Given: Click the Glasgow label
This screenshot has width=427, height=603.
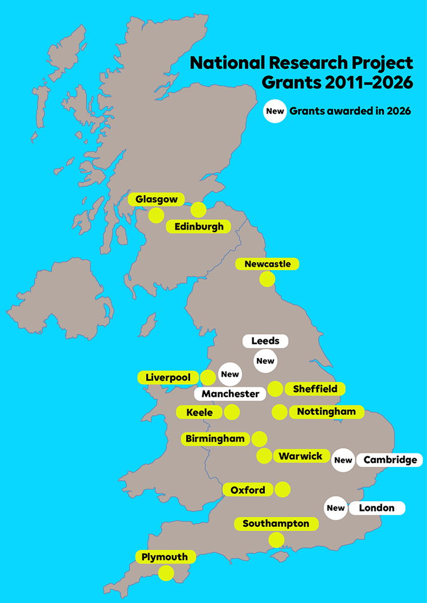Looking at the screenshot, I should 156,199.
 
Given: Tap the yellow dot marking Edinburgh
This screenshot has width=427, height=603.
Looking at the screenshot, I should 198,210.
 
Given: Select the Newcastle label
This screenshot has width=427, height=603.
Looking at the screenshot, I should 267,264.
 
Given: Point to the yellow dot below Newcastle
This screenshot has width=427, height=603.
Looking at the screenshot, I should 267,279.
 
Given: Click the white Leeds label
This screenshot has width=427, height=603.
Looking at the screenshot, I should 265,341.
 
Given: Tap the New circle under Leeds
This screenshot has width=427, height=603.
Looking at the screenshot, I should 265,361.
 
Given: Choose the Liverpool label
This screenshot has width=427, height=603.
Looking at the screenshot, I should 168,377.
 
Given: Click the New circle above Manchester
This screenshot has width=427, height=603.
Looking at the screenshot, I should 230,375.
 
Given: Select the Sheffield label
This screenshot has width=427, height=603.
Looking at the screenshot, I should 315,389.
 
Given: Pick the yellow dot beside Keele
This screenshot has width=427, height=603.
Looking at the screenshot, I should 232,412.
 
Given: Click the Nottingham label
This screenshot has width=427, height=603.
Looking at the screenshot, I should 326,411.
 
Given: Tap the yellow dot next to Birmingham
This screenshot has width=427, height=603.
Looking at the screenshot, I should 259,439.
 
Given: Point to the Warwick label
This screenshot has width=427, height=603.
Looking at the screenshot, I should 301,456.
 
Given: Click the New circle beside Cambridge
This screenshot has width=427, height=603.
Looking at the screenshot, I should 343,460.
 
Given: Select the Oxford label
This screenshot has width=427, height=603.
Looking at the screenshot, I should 248,490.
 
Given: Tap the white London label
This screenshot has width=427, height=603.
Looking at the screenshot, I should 376,508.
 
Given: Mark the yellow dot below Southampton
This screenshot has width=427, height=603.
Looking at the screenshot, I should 277,540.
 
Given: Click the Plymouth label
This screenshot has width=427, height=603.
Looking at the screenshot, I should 165,557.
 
